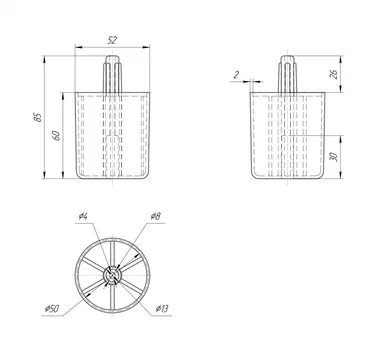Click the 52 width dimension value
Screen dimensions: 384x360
pyautogui.click(x=112, y=40)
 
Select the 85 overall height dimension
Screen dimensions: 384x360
pyautogui.click(x=38, y=117)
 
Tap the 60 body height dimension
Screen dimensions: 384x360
pyautogui.click(x=56, y=135)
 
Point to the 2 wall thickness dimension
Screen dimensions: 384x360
pyautogui.click(x=236, y=75)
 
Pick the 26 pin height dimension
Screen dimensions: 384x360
pyautogui.click(x=333, y=74)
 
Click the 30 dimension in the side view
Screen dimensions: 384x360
pyautogui.click(x=333, y=156)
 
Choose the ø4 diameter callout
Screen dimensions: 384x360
pyautogui.click(x=83, y=216)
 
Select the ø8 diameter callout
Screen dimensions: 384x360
pyautogui.click(x=155, y=216)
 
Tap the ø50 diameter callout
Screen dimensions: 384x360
pyautogui.click(x=52, y=309)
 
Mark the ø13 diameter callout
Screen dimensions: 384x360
pyautogui.click(x=162, y=309)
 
